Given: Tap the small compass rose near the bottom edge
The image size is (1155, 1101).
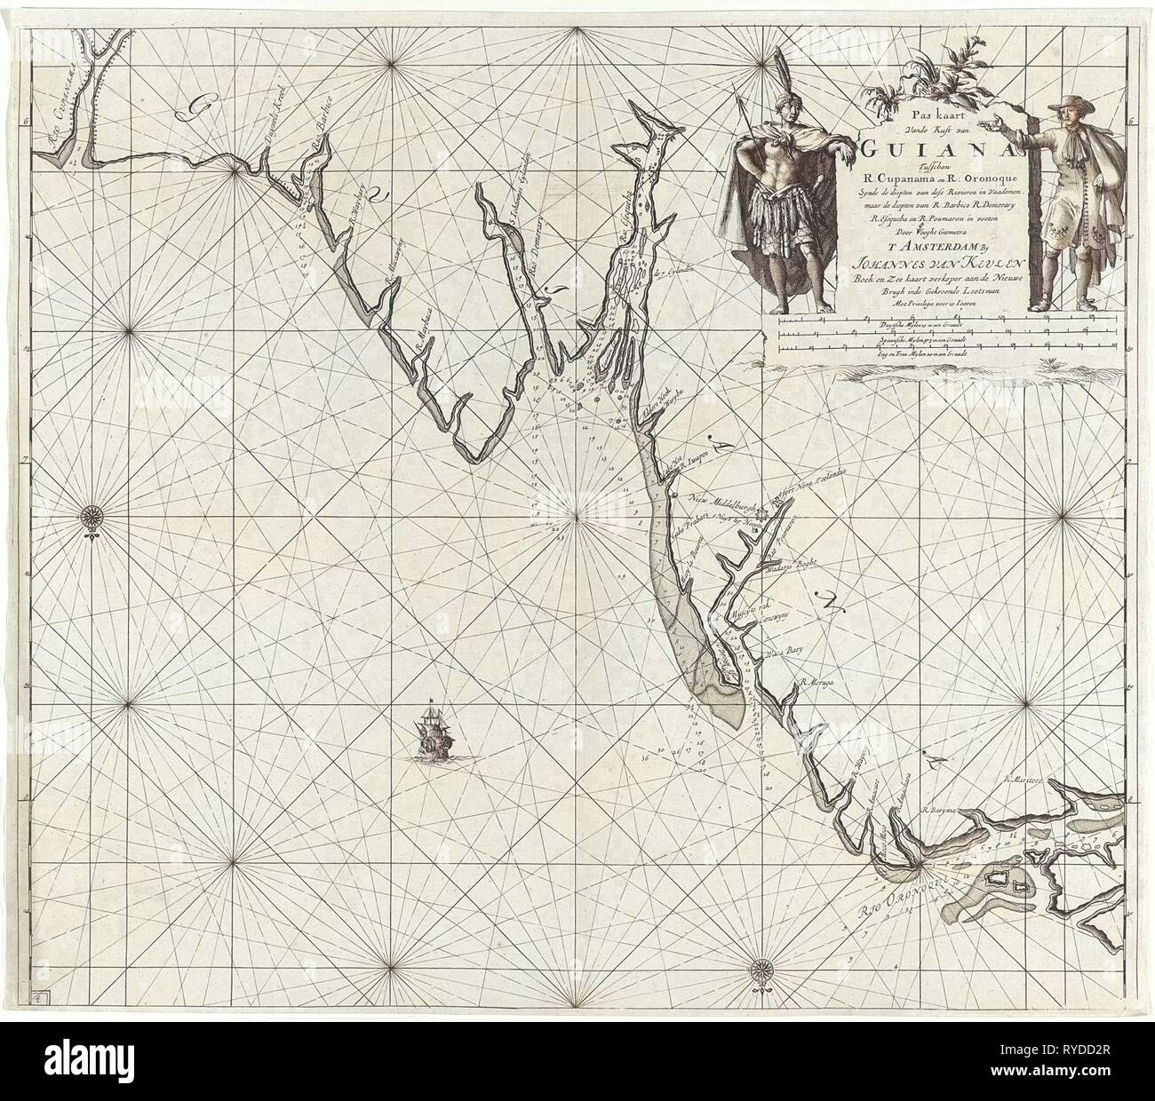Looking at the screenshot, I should click(761, 968).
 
